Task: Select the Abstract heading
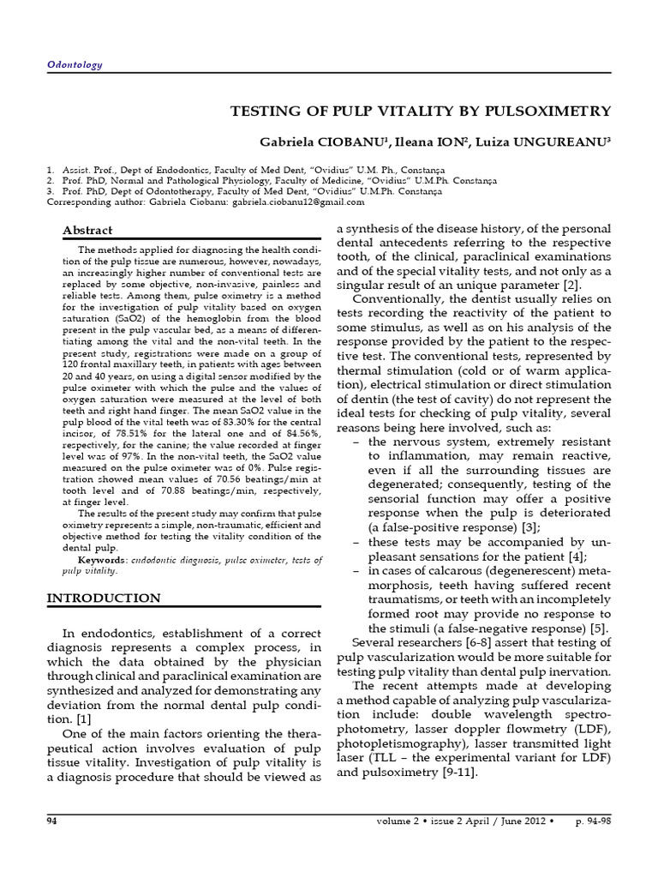(88, 230)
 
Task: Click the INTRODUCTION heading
(103, 598)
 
